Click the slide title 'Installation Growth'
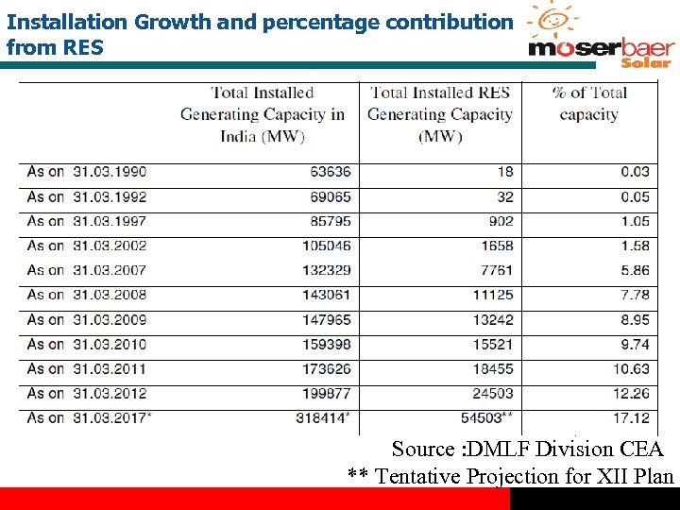(260, 33)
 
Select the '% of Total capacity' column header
(589, 104)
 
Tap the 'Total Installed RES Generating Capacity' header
(440, 114)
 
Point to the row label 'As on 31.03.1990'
(87, 172)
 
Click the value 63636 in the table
(330, 172)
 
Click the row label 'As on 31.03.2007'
(87, 270)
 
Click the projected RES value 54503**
(491, 417)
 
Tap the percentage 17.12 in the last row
(631, 417)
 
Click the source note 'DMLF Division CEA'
(528, 450)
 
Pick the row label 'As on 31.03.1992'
(87, 196)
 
